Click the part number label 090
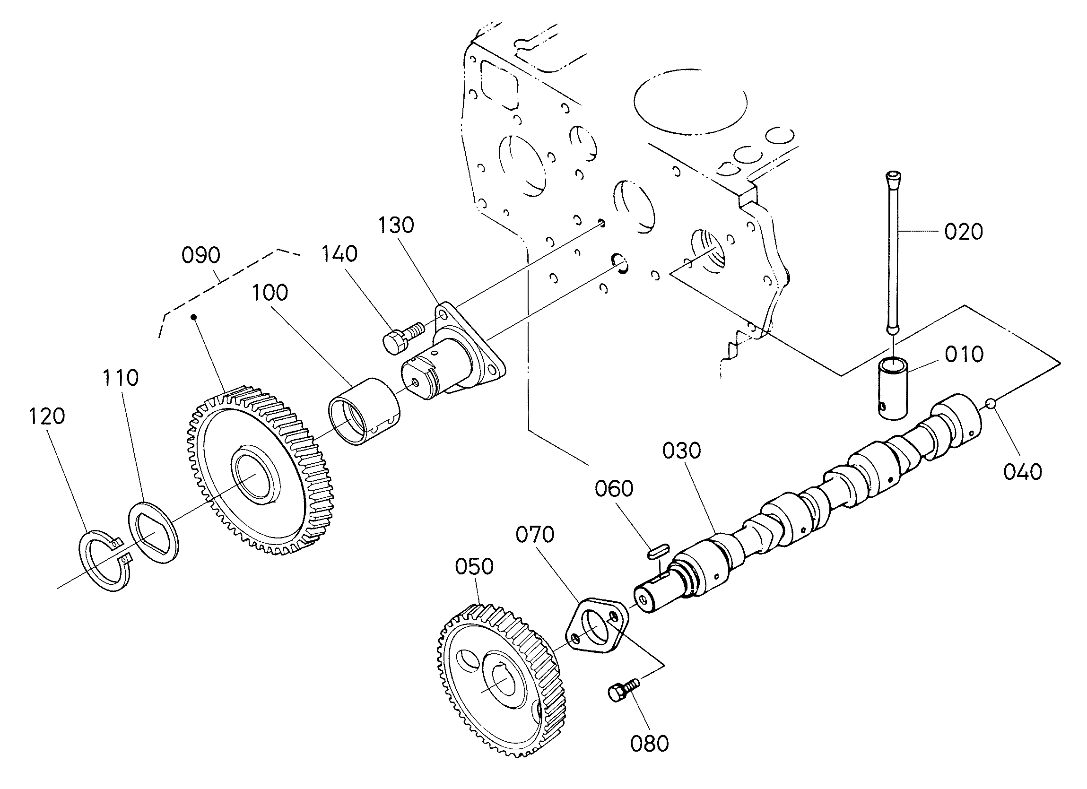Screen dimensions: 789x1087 [x=201, y=255]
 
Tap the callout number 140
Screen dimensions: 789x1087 [x=339, y=254]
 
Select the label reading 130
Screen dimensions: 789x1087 [x=396, y=225]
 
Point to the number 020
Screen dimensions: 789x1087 [x=963, y=232]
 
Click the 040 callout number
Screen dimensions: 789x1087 [x=1022, y=472]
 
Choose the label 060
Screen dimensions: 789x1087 [x=614, y=489]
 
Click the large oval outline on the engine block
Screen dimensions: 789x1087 [x=690, y=102]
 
